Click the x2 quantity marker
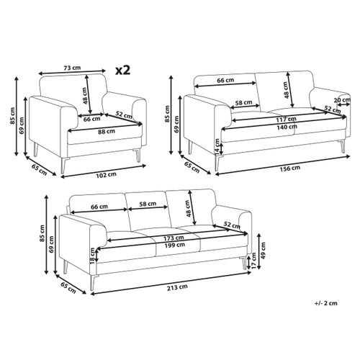[122, 70]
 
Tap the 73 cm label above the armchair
[72, 68]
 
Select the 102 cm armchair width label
[106, 175]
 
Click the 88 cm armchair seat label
[107, 131]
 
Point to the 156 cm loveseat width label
[290, 168]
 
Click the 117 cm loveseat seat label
[287, 119]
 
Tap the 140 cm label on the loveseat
[287, 127]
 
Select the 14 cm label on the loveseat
[217, 146]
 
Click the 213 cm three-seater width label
[177, 287]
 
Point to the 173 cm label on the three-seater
[174, 238]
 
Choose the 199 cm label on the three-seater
[174, 245]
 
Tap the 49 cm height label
[263, 251]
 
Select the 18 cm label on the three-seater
[93, 256]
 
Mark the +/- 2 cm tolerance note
[325, 303]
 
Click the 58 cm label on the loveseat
[243, 103]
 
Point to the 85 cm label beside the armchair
[12, 116]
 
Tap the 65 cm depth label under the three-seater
[68, 287]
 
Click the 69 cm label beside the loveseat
[176, 124]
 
